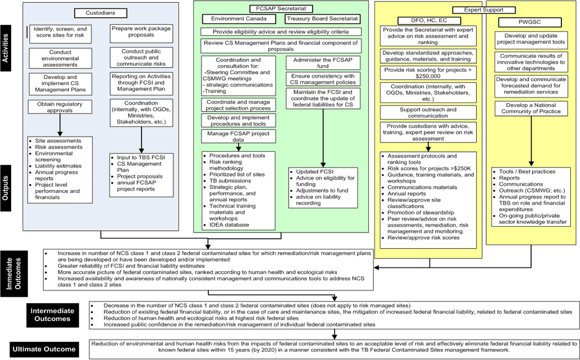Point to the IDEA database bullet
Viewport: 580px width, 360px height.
229,225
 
